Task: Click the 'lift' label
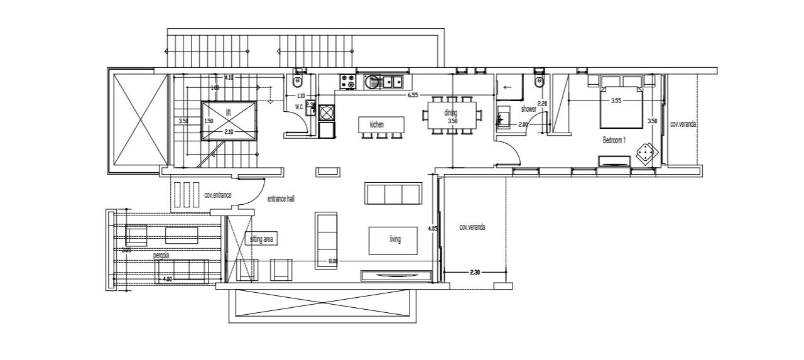[x=212, y=111]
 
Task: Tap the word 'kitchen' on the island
[x=376, y=124]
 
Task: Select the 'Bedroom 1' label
[x=614, y=140]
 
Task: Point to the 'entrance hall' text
[x=281, y=199]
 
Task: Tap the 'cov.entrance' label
[x=218, y=195]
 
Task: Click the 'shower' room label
[x=528, y=109]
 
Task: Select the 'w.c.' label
[x=299, y=107]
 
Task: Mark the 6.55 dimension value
[x=413, y=95]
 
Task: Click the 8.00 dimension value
[x=332, y=260]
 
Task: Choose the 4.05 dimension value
[x=432, y=229]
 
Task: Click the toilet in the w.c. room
[x=298, y=82]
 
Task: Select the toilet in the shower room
[x=537, y=82]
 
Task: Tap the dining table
[x=452, y=114]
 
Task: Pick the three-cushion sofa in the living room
[x=393, y=194]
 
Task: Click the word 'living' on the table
[x=394, y=239]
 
